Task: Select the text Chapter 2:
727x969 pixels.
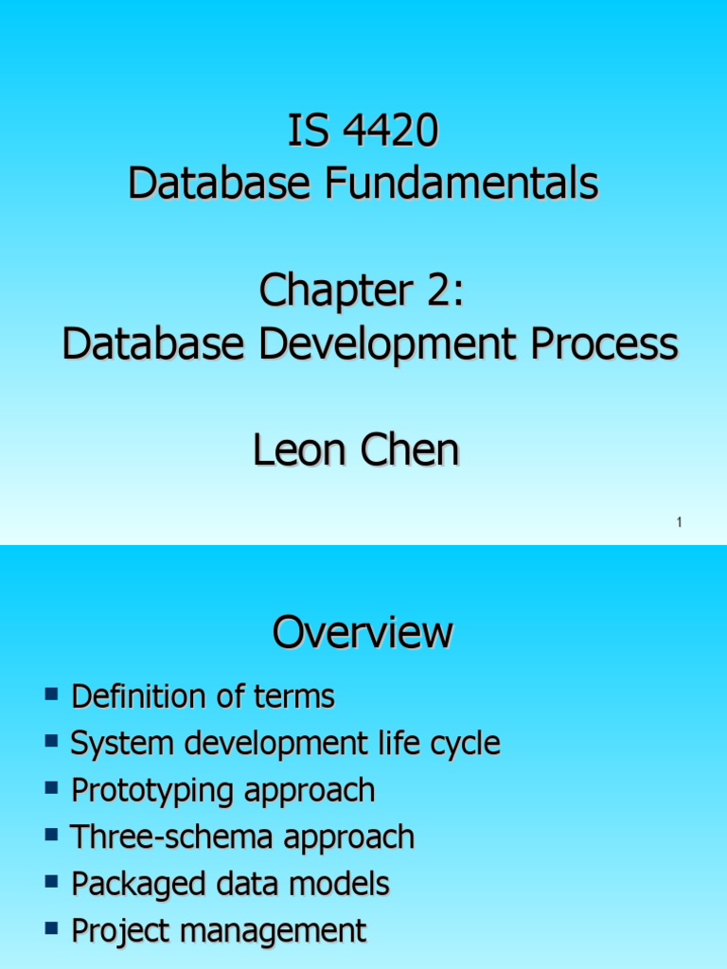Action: coord(363,291)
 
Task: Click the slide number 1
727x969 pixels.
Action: coord(680,523)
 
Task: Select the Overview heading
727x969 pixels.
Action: coord(363,632)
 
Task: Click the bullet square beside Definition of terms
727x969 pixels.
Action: coord(52,696)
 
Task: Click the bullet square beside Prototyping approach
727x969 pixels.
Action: coord(52,789)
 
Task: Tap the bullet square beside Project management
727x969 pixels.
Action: coord(52,929)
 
